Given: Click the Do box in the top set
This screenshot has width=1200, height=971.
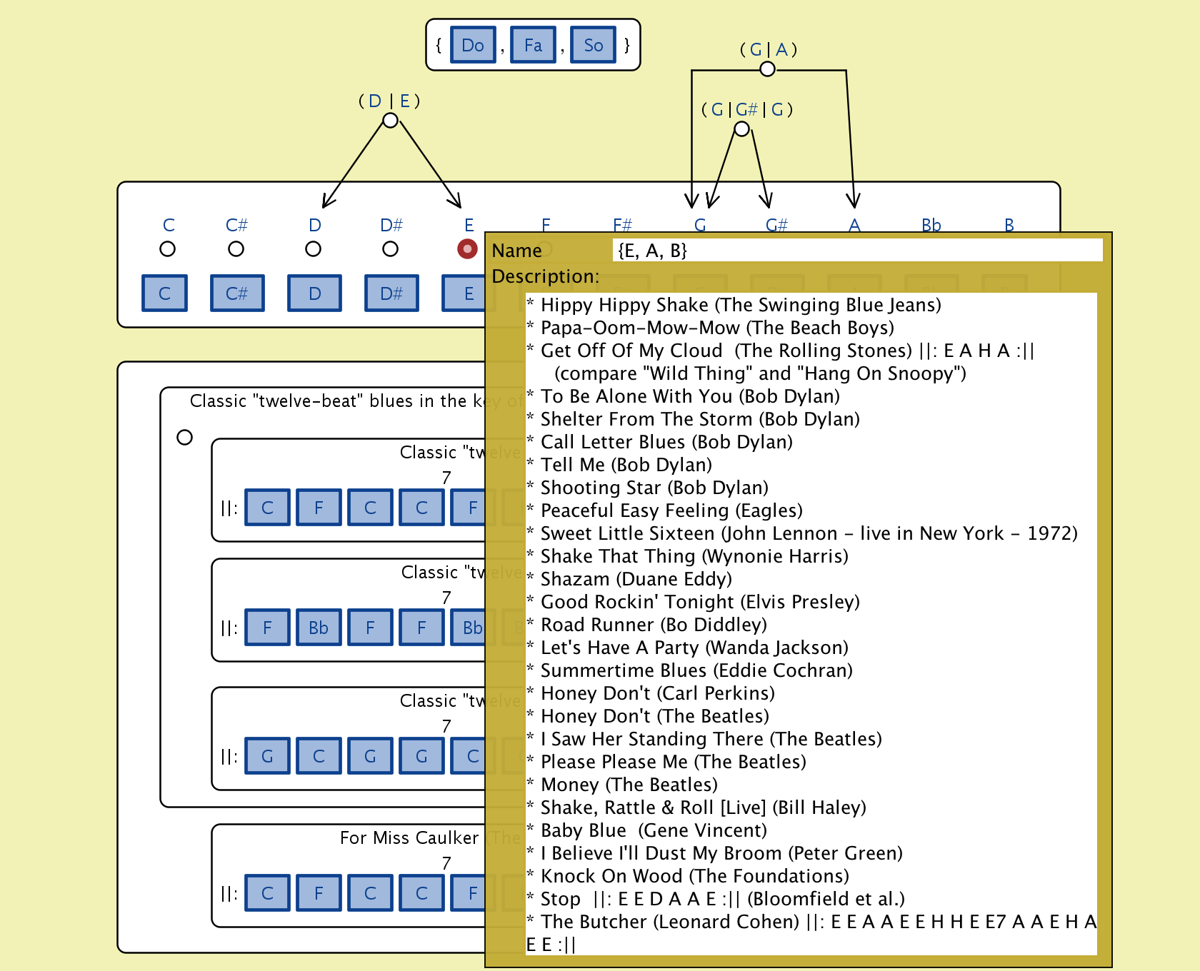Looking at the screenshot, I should click(x=473, y=45).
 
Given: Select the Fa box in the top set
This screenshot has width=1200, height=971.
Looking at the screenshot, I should click(x=533, y=45).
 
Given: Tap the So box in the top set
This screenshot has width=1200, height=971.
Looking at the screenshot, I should click(x=593, y=45).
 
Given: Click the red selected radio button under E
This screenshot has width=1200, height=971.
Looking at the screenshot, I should click(x=467, y=249).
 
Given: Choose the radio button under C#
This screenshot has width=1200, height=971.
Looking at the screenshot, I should click(x=236, y=249).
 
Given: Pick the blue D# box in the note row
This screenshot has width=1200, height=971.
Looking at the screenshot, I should click(x=391, y=293).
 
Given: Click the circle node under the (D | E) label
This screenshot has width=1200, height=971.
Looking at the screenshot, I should click(x=390, y=121).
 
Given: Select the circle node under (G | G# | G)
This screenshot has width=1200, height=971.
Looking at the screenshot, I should click(x=742, y=129).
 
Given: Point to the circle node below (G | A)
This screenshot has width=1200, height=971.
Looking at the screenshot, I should click(x=767, y=69).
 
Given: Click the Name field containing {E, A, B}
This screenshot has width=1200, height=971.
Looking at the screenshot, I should click(x=857, y=251).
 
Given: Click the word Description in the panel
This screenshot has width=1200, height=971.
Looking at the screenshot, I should click(x=545, y=276).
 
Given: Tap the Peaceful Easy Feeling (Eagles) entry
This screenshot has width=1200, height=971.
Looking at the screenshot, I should click(x=671, y=510).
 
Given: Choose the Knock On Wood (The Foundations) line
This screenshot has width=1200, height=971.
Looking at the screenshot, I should click(x=694, y=876).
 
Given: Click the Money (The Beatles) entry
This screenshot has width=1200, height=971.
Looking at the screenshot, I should click(x=629, y=785).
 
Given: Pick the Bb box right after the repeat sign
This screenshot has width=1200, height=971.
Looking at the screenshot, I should click(x=319, y=628).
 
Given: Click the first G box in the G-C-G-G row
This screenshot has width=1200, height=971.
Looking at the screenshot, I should click(x=267, y=756).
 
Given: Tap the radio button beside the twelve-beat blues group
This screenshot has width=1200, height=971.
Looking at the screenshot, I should click(x=184, y=437).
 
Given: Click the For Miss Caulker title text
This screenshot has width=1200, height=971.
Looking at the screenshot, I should click(x=409, y=837).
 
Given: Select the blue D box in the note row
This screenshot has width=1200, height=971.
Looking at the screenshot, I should click(x=314, y=293).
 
